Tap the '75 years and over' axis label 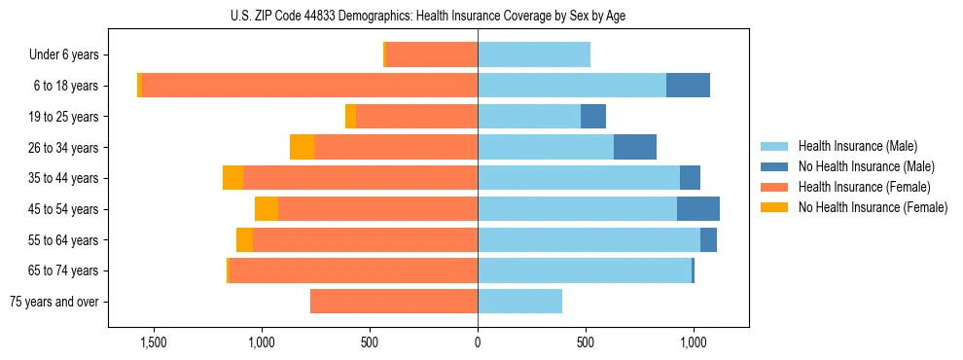(x=54, y=302)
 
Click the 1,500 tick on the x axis (x=154, y=342)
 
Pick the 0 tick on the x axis (x=478, y=342)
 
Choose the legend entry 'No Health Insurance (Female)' (x=872, y=207)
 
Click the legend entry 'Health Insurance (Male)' (x=857, y=146)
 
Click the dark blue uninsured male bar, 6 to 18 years (x=688, y=86)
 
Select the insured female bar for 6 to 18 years (x=309, y=86)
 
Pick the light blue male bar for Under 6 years (x=534, y=55)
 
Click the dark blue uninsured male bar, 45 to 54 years (x=698, y=209)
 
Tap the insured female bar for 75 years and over (x=394, y=302)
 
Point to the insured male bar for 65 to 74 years (x=584, y=270)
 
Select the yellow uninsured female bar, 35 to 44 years (x=232, y=178)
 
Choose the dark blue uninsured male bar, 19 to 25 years (x=593, y=117)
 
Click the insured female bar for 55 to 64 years (x=365, y=240)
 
